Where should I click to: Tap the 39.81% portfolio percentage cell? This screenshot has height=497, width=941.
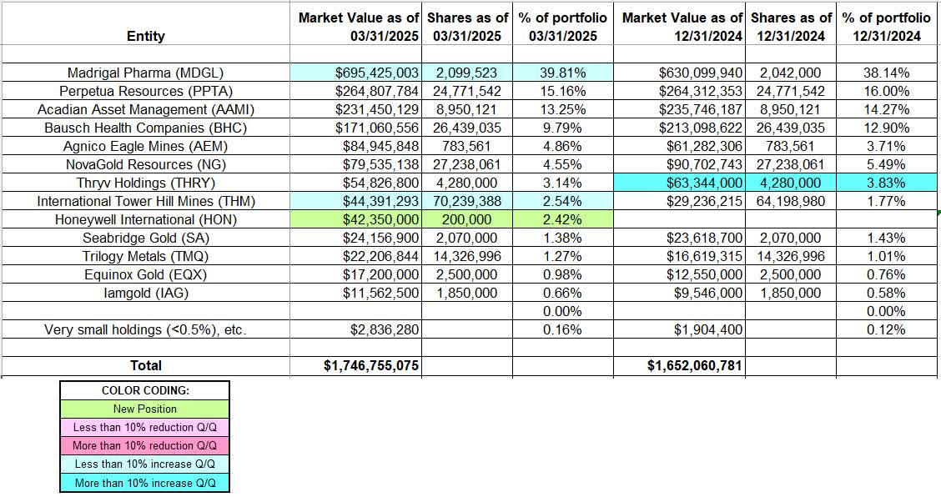(x=563, y=73)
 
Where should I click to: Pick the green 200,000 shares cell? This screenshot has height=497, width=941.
(x=465, y=219)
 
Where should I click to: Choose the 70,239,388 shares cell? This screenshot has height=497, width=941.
(x=465, y=201)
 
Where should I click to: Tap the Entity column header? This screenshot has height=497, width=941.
(x=145, y=36)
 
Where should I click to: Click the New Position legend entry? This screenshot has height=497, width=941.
(x=144, y=409)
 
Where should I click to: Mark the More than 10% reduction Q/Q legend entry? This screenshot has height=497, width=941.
(x=144, y=445)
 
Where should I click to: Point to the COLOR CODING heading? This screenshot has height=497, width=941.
(x=144, y=390)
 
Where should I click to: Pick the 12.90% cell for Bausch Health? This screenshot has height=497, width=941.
(x=887, y=128)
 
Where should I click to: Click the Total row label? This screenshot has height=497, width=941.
(x=145, y=365)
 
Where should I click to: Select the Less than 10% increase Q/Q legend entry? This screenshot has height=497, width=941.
(x=144, y=464)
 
